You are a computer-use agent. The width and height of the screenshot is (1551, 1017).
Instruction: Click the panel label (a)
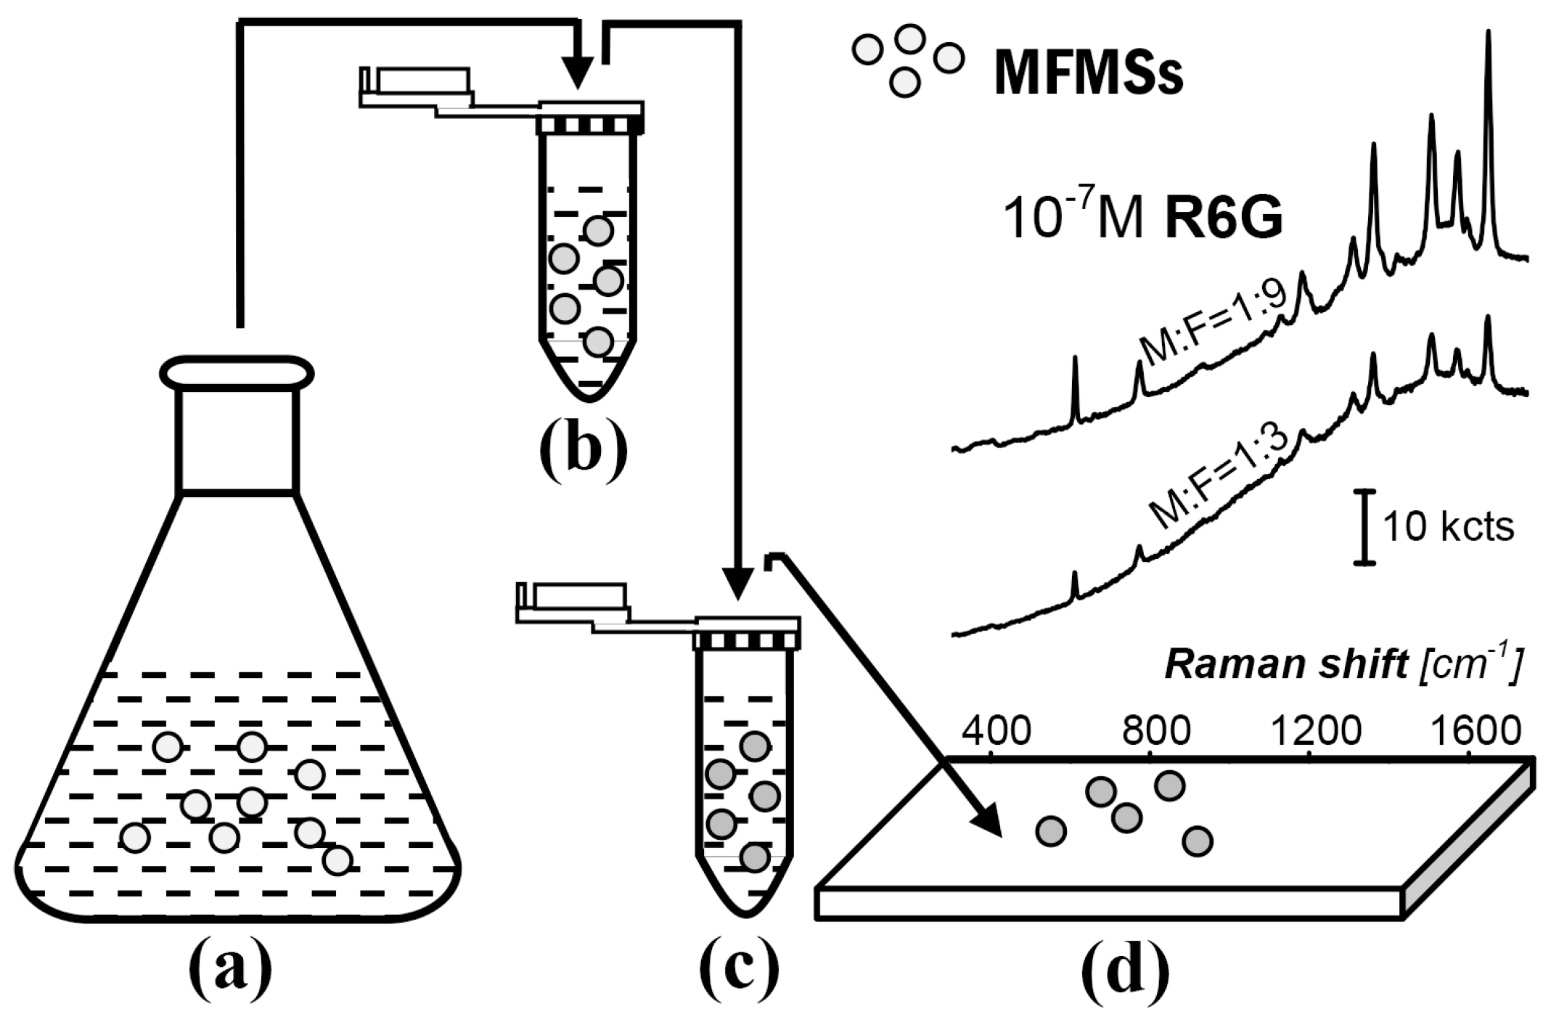pyautogui.click(x=231, y=971)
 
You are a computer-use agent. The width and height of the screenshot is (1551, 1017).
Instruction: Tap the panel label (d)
pyautogui.click(x=1125, y=971)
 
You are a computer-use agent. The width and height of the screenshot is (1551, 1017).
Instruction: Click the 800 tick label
pyautogui.click(x=1157, y=732)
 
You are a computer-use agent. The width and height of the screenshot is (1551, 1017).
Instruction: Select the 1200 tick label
pyautogui.click(x=1315, y=732)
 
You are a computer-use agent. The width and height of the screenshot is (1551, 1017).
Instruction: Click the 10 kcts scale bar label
pyautogui.click(x=1448, y=528)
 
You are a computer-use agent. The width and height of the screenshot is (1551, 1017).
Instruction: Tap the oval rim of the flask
pyautogui.click(x=237, y=373)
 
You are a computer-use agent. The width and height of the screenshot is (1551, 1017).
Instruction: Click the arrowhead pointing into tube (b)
pyautogui.click(x=578, y=73)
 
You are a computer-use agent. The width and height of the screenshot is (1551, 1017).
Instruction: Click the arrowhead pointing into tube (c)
pyautogui.click(x=737, y=584)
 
